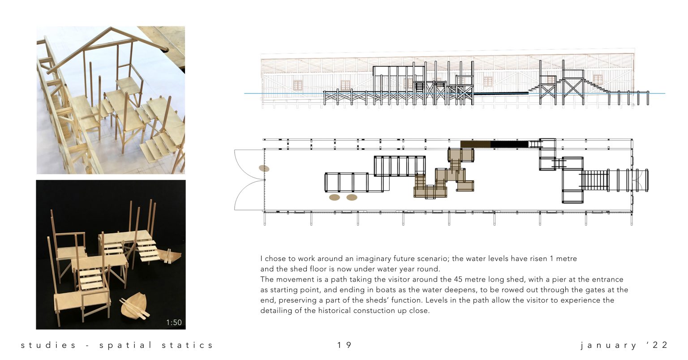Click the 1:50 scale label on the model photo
coord(174,322)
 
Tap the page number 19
coord(344,345)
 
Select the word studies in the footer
coord(48,345)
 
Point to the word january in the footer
coord(608,346)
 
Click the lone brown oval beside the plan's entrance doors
coord(264,168)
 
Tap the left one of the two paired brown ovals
coord(335,197)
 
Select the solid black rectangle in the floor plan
coord(509,144)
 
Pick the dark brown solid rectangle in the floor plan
coord(475,144)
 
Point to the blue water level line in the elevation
coord(455,93)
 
